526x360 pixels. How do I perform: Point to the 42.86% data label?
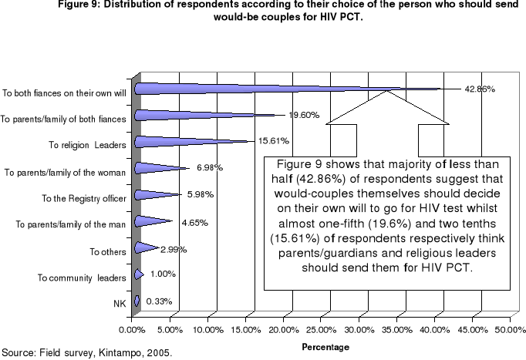[479, 89]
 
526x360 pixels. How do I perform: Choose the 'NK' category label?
[120, 304]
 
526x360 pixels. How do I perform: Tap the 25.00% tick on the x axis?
[322, 329]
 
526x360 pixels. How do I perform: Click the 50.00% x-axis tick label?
[511, 329]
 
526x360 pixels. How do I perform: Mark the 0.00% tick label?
[133, 329]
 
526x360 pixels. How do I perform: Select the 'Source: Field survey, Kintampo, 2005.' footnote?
[86, 352]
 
